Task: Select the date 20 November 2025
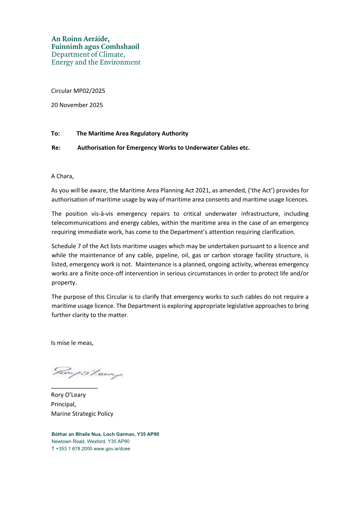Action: pos(77,105)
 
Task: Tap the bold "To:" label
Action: pos(56,134)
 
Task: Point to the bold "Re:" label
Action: pos(56,148)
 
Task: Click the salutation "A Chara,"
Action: pos(62,176)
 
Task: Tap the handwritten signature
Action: pos(87,373)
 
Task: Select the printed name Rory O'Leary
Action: pos(68,395)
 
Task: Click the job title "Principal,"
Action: pos(64,404)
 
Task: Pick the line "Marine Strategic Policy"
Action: pos(82,414)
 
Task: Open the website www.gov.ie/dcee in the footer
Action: pos(112,449)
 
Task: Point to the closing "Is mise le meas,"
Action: pos(72,343)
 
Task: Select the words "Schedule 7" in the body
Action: pos(66,246)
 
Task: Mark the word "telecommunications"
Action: pos(79,223)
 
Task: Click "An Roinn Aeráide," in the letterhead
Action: pos(81,39)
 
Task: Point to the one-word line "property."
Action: pos(64,283)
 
